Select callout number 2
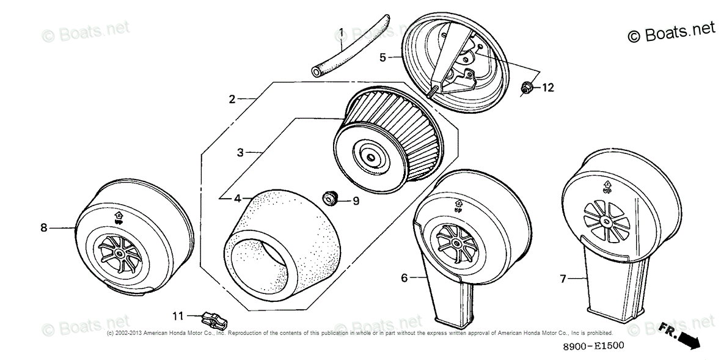[x=232, y=99]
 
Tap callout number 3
[x=240, y=152]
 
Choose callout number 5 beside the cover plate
[x=382, y=57]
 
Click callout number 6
[x=404, y=277]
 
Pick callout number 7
[x=563, y=279]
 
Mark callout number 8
[x=43, y=228]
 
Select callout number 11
[x=177, y=316]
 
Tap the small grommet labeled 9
[x=330, y=197]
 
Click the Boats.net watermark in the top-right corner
[x=671, y=32]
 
